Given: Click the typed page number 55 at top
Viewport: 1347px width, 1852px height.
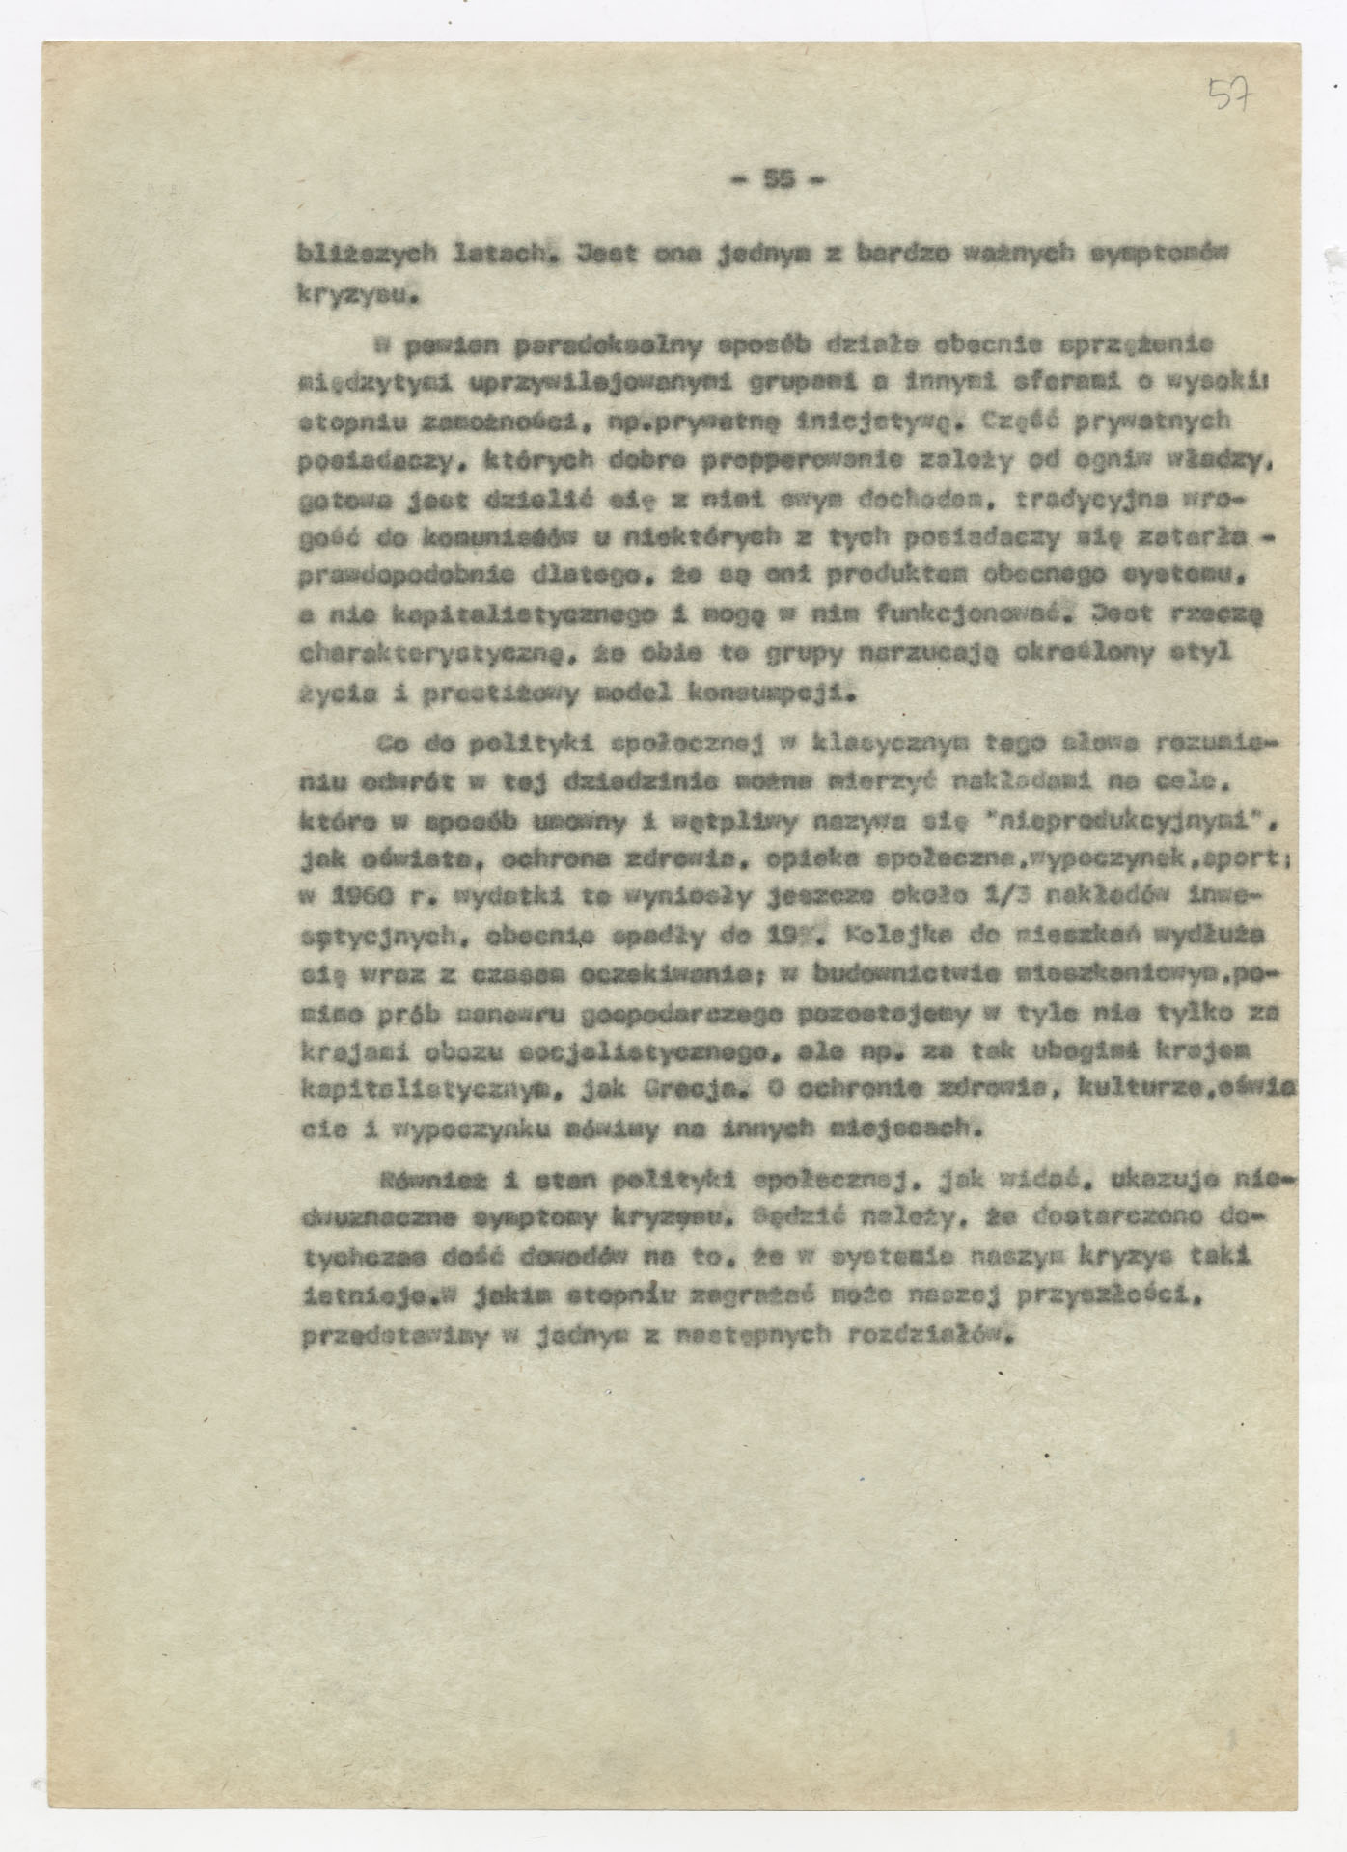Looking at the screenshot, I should [775, 179].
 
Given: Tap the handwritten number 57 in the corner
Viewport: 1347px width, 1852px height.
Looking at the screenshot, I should [1232, 96].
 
